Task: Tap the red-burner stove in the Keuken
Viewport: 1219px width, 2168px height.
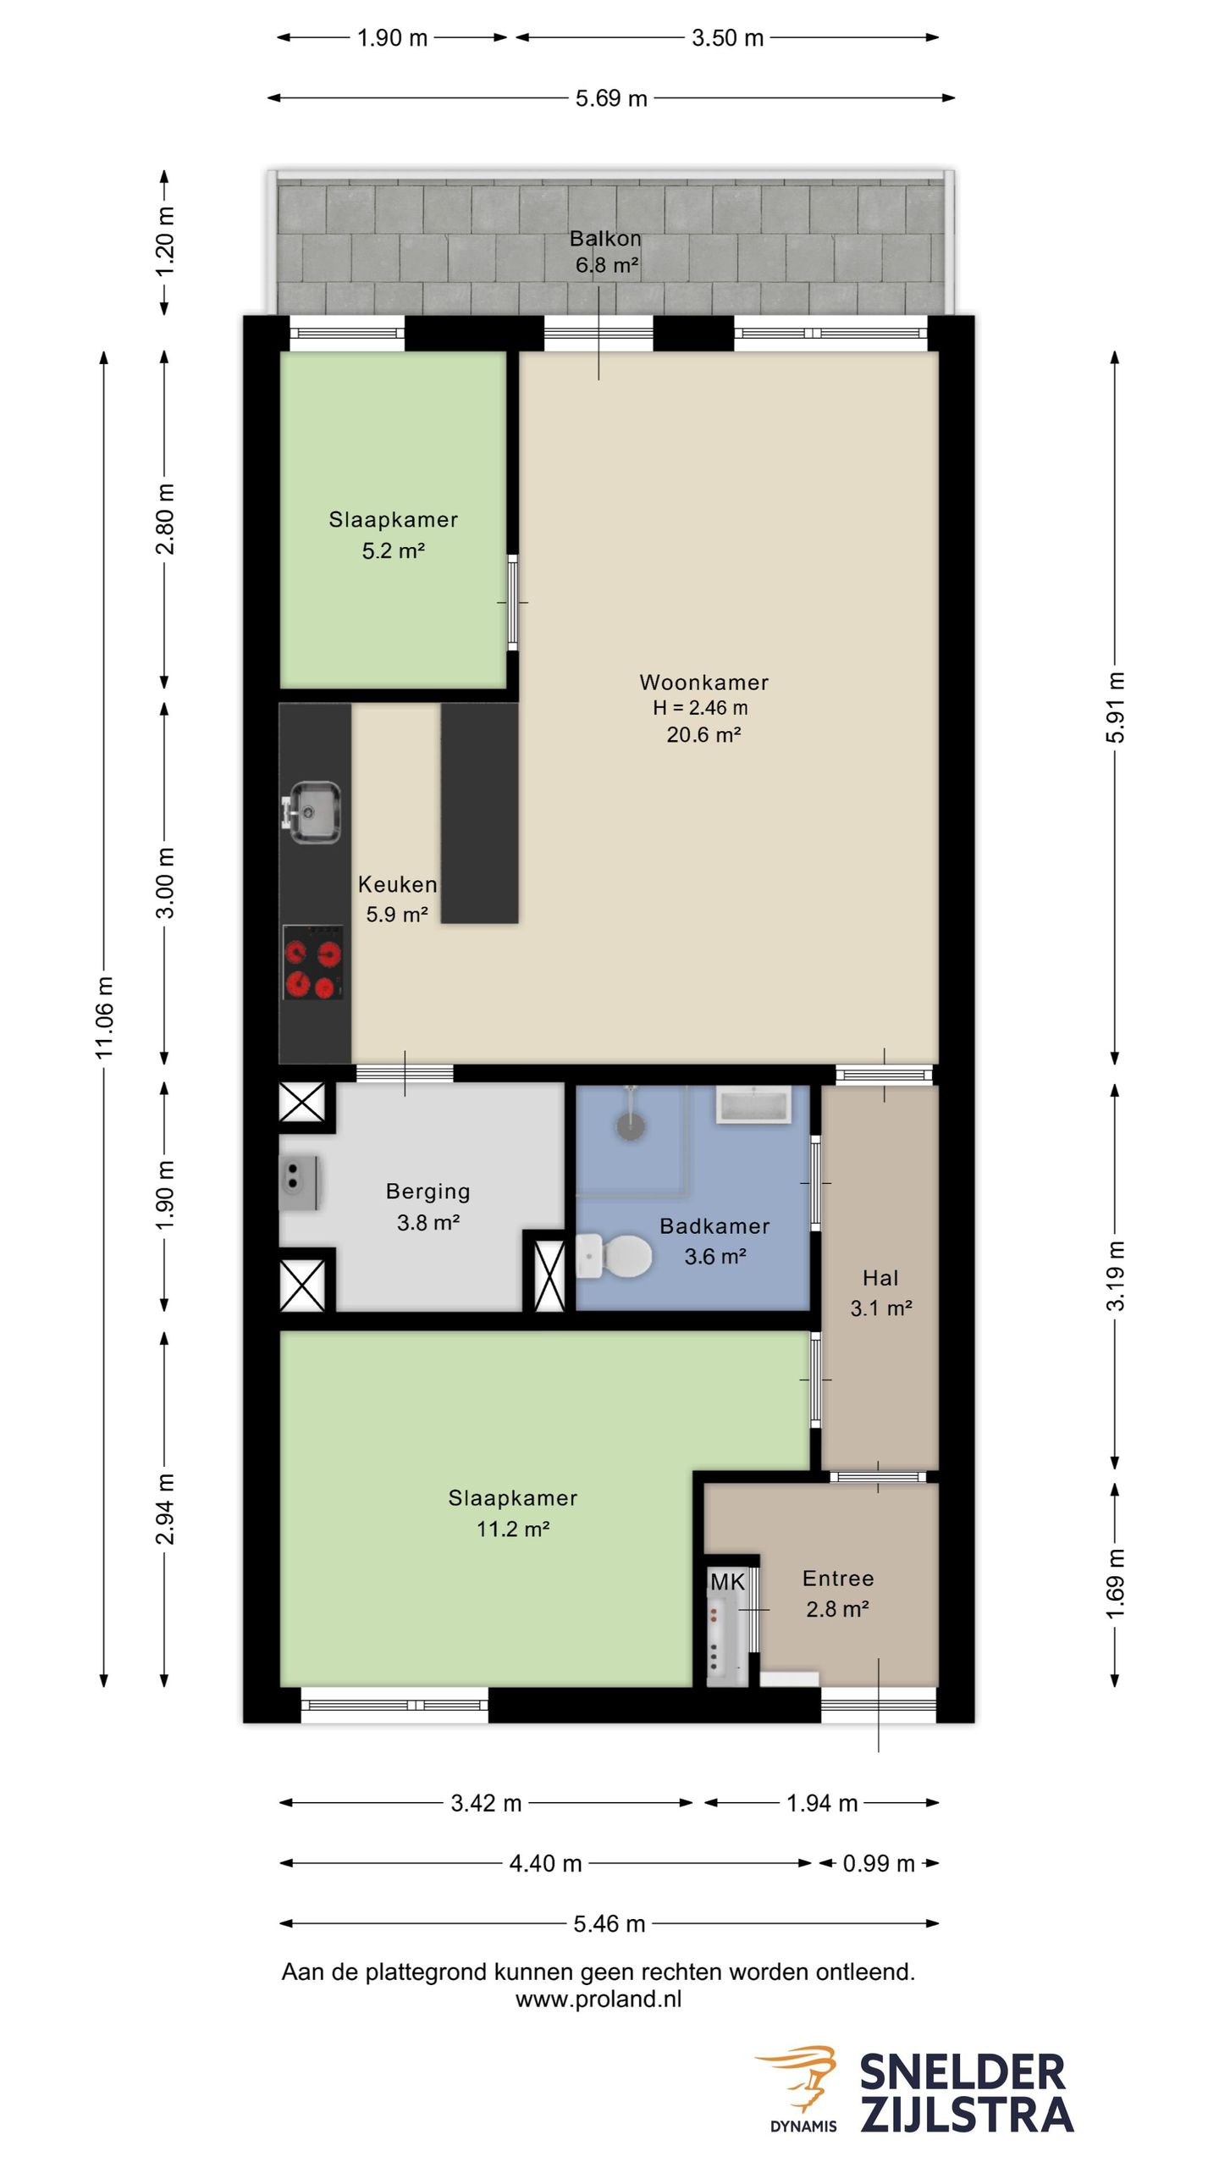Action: (x=313, y=962)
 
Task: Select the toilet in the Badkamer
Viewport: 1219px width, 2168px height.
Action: (x=614, y=1255)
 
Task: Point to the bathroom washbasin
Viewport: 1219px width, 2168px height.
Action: (x=753, y=1105)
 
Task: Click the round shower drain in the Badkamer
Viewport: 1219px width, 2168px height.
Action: (x=631, y=1126)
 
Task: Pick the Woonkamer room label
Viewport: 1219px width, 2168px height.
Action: (x=703, y=682)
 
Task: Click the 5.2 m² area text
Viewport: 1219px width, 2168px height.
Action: (x=393, y=550)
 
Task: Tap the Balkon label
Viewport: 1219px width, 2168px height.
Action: (x=605, y=238)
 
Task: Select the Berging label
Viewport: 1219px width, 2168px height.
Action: (x=428, y=1191)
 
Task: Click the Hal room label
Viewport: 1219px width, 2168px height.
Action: (x=880, y=1277)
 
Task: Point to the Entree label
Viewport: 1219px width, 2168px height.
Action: (x=838, y=1578)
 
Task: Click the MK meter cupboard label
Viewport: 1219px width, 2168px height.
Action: (x=727, y=1581)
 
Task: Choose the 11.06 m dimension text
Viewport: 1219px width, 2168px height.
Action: (x=104, y=1016)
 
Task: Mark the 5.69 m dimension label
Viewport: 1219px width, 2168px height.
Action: (x=611, y=98)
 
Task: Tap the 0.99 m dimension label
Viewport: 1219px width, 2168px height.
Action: (x=879, y=1863)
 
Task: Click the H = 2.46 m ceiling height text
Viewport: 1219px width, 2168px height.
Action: (x=700, y=707)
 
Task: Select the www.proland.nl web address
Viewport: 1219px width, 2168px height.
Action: (x=598, y=1999)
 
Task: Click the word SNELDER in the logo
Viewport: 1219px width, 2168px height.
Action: (x=963, y=2072)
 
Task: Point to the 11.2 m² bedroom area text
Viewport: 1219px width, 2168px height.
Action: (x=513, y=1529)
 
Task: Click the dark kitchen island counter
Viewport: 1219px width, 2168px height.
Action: (x=479, y=813)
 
